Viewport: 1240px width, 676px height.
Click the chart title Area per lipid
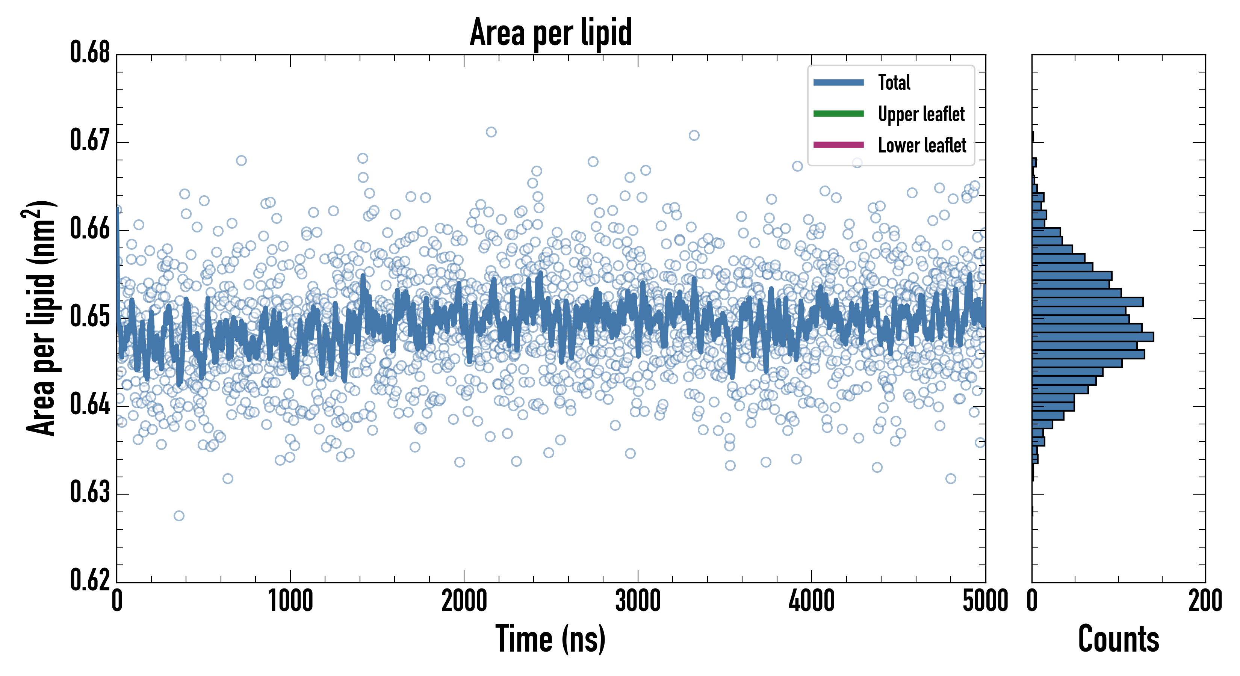[x=551, y=33]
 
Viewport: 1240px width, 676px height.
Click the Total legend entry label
[x=894, y=82]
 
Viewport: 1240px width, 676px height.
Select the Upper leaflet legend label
[x=921, y=114]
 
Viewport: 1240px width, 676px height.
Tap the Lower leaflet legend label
[x=922, y=145]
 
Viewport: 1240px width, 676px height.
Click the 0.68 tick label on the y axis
[x=90, y=53]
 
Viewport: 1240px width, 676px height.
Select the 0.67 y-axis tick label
[x=90, y=140]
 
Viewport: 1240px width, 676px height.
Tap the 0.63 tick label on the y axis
[x=90, y=492]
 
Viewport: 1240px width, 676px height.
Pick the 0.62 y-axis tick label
[x=90, y=580]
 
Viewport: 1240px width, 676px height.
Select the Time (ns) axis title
[x=551, y=639]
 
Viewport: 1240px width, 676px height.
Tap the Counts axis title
[x=1118, y=639]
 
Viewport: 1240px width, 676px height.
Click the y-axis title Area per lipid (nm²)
[x=41, y=318]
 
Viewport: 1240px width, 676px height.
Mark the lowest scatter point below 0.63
[x=178, y=516]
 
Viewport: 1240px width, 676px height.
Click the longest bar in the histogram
[x=1093, y=337]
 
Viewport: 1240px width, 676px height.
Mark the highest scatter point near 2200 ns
[x=491, y=132]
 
